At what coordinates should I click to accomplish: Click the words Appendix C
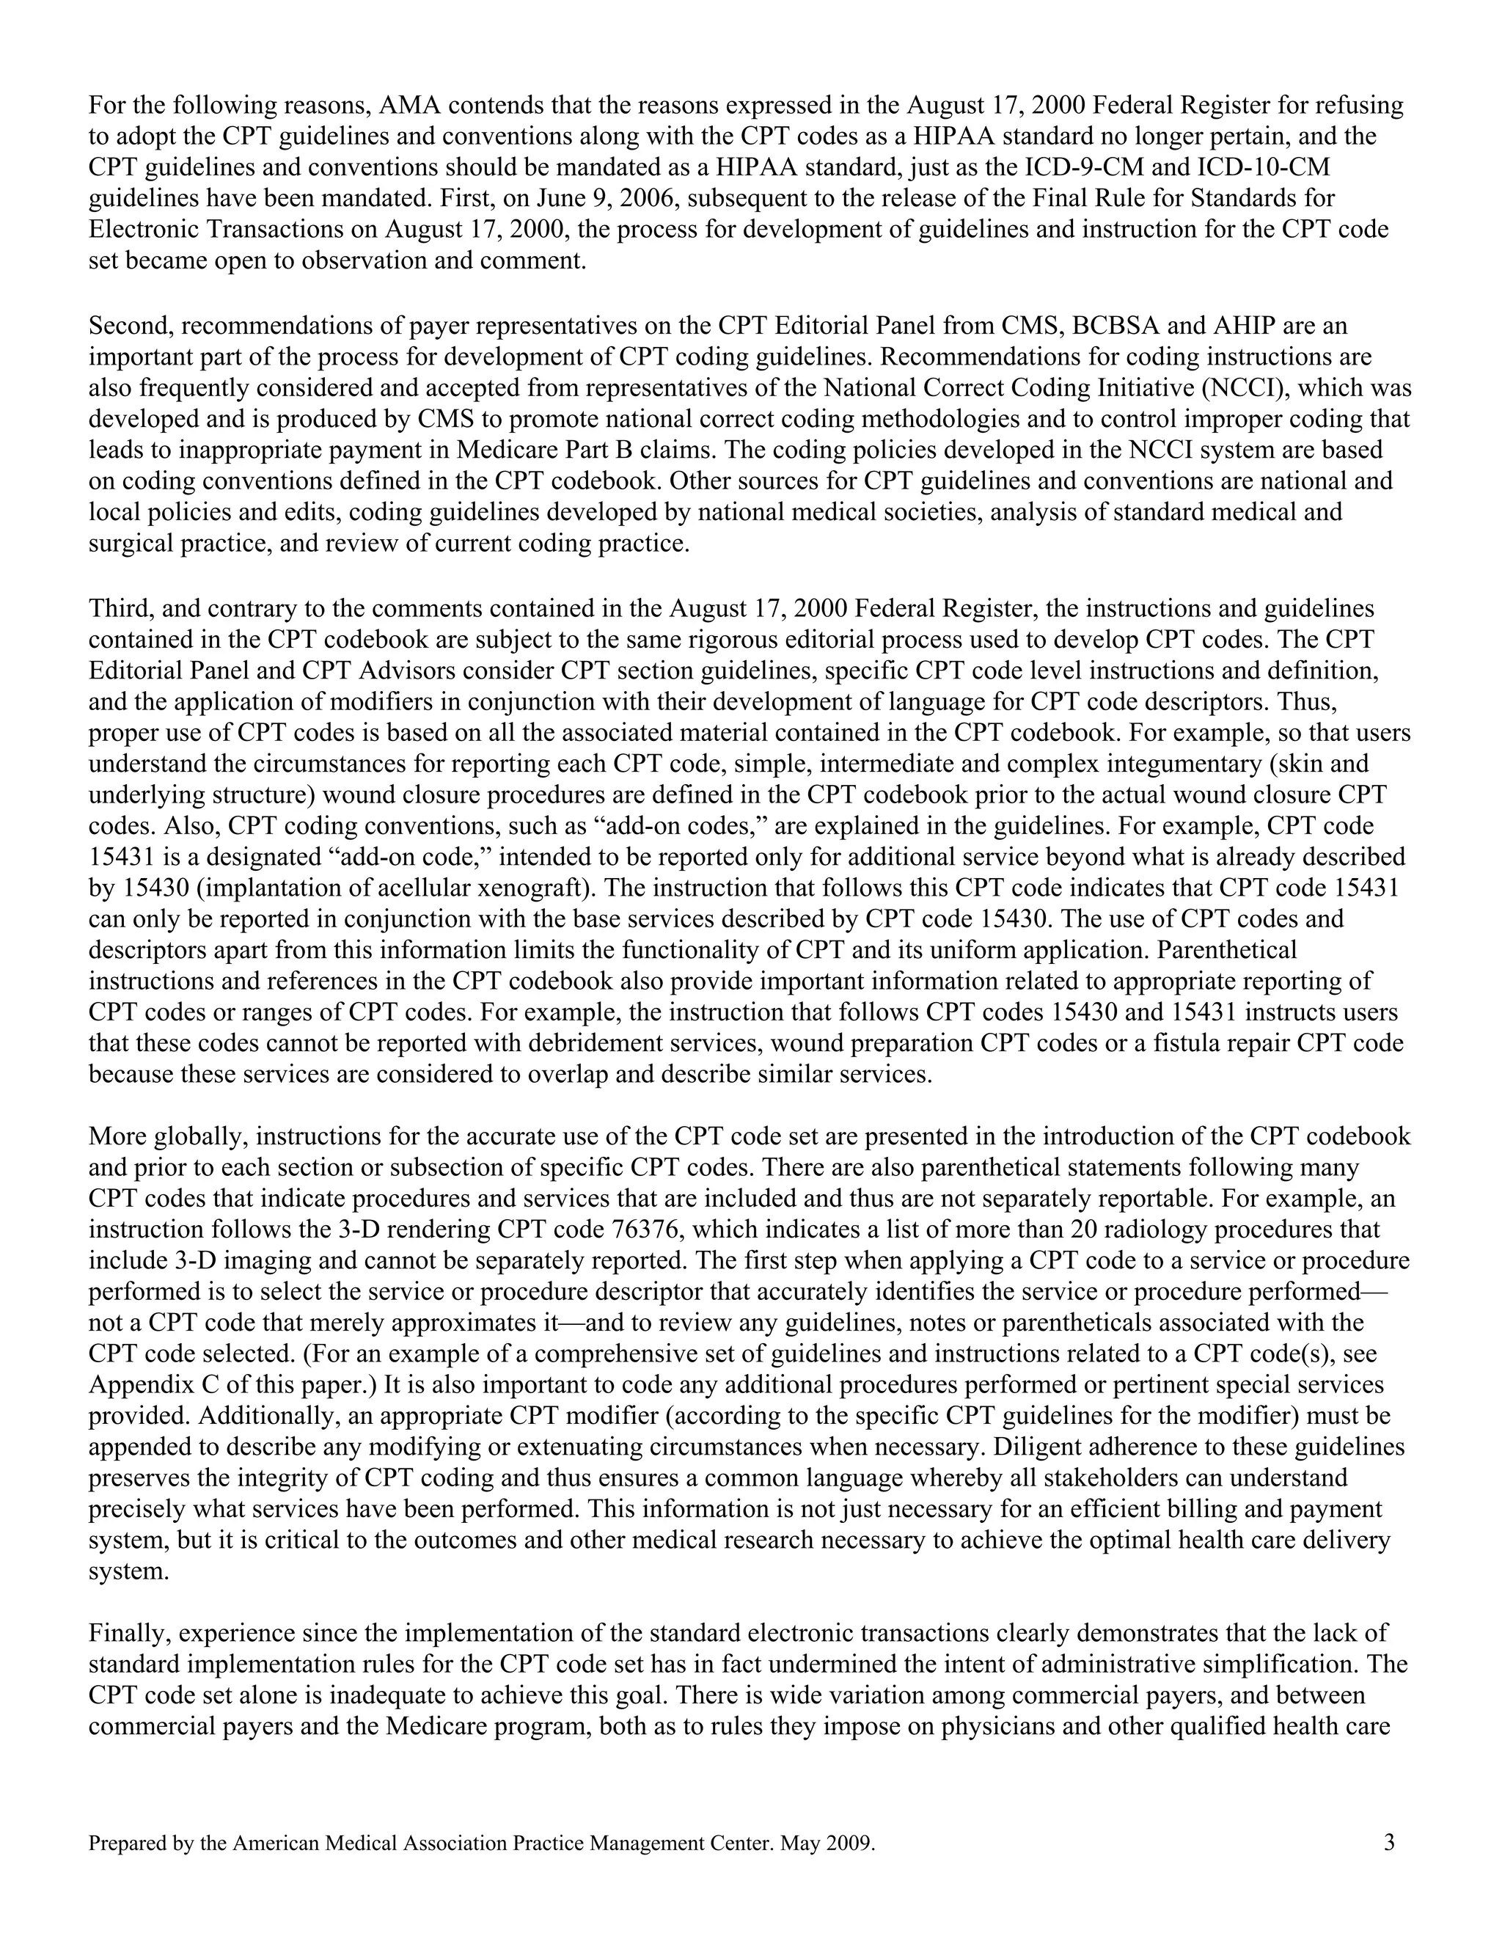[x=147, y=1385]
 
